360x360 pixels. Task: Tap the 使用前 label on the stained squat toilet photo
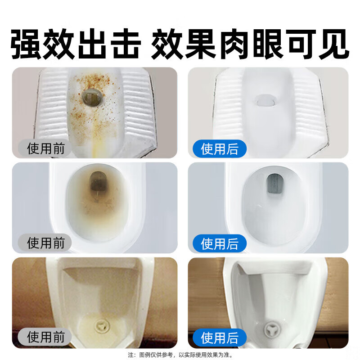pos(45,148)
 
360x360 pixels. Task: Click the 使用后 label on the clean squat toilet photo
pos(220,148)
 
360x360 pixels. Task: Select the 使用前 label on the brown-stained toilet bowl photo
pos(45,243)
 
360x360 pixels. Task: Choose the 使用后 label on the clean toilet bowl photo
pos(220,243)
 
